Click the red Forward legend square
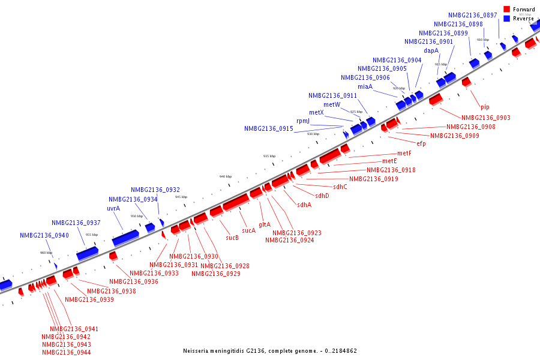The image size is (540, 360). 507,10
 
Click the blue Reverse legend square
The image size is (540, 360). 507,19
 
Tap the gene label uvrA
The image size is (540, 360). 113,208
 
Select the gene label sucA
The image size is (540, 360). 248,230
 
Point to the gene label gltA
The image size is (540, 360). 265,224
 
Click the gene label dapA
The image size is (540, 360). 431,50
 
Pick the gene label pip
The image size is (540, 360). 485,107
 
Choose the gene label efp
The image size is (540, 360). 421,143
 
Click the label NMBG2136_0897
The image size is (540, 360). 473,15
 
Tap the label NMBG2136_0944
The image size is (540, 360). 67,352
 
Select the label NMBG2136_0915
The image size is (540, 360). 269,128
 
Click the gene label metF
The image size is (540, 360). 404,153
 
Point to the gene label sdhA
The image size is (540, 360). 304,205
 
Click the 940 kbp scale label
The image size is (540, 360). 226,176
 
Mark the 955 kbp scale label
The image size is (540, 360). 92,235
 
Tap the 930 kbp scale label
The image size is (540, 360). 313,134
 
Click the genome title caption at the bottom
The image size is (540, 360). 270,351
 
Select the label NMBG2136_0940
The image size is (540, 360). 44,236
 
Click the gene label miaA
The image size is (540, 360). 365,86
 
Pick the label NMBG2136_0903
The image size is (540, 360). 486,118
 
